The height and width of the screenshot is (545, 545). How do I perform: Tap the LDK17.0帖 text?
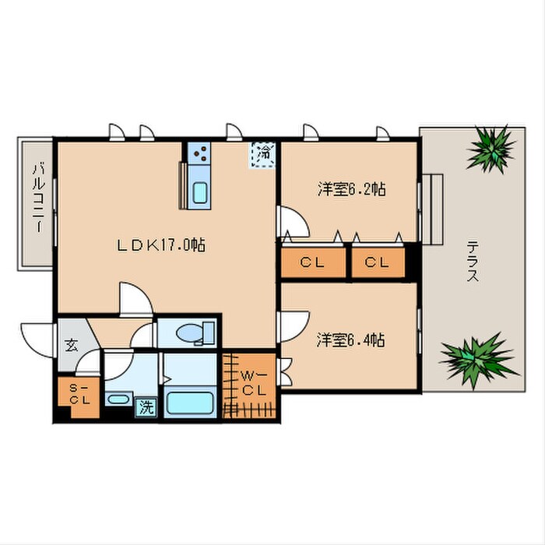pyautogui.click(x=161, y=244)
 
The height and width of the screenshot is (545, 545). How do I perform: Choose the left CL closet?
pyautogui.click(x=312, y=262)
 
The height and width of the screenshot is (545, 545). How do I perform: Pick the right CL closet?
pyautogui.click(x=378, y=262)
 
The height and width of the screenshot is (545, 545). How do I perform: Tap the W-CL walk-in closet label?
pyautogui.click(x=251, y=384)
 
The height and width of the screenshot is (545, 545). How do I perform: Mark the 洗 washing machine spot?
pyautogui.click(x=145, y=405)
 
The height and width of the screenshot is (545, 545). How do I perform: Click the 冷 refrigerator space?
pyautogui.click(x=264, y=153)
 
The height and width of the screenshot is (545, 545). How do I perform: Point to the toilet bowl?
pyautogui.click(x=192, y=333)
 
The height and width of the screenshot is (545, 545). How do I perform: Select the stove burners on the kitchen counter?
pyautogui.click(x=199, y=153)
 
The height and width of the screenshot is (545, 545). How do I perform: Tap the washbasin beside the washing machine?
pyautogui.click(x=118, y=400)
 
